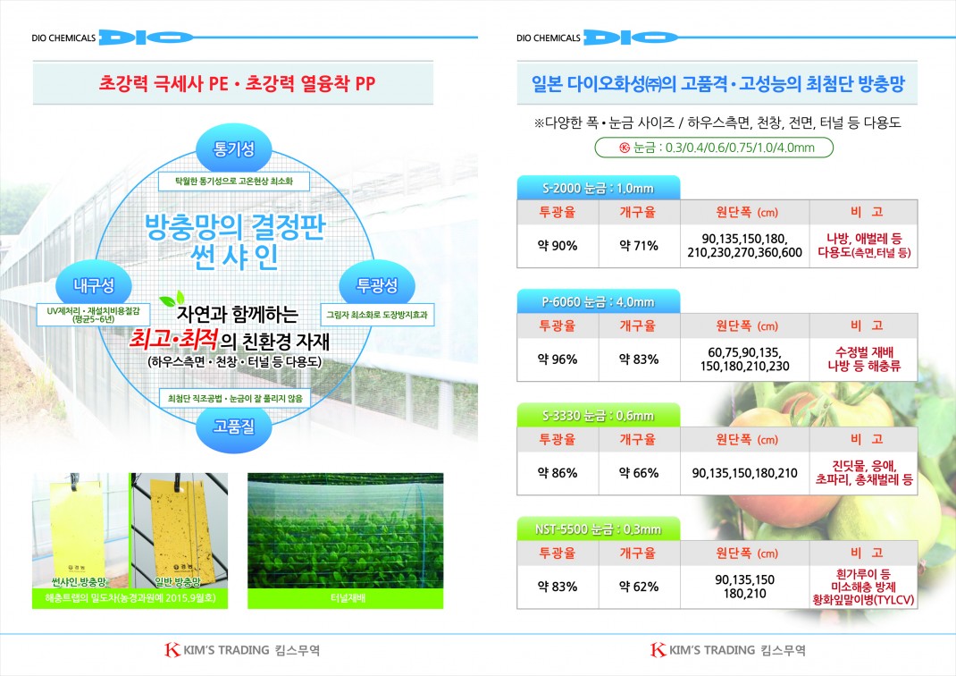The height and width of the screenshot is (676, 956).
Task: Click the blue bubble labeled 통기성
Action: click(x=233, y=148)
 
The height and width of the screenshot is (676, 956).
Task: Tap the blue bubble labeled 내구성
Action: click(x=93, y=285)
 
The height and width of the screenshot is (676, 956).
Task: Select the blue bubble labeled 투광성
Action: click(x=377, y=285)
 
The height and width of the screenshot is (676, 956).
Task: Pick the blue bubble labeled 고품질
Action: click(x=233, y=427)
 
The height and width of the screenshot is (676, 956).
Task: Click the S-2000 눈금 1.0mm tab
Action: click(x=598, y=188)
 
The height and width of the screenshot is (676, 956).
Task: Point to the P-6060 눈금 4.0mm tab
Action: click(x=598, y=301)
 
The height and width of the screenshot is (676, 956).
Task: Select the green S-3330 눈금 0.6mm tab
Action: click(x=598, y=416)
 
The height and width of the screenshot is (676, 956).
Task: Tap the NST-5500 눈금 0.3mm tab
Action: click(x=598, y=529)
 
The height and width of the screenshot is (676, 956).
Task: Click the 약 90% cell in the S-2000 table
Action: click(x=558, y=246)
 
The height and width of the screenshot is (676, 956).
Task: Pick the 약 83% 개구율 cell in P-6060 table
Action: click(x=639, y=359)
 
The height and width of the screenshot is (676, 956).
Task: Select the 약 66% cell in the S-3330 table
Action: click(x=639, y=473)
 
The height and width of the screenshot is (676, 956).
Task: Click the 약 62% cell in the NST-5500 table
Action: click(x=639, y=587)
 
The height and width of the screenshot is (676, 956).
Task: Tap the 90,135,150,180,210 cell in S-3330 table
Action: click(x=744, y=473)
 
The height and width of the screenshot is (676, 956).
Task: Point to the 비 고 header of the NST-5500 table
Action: click(x=864, y=553)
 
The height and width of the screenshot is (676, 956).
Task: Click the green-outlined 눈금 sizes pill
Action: click(x=714, y=148)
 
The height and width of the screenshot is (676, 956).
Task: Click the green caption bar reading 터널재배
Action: click(x=345, y=598)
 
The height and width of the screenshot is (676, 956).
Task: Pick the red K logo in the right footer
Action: click(x=658, y=650)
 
